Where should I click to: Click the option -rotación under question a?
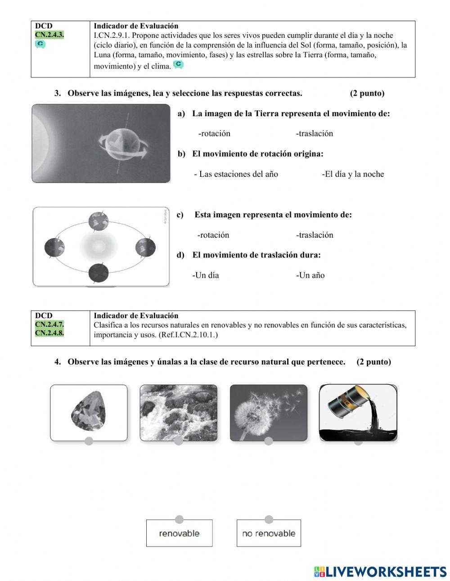pos(214,133)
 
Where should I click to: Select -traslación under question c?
pos(315,235)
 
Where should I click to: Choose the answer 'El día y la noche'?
pos(353,174)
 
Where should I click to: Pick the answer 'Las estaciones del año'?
pos(236,174)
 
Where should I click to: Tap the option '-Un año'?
pos(310,275)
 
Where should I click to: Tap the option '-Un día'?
pos(206,275)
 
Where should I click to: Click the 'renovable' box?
pos(179,533)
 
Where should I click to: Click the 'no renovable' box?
pos(269,533)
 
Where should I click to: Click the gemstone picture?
pos(89,412)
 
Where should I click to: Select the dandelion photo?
pos(269,412)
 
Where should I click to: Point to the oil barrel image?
pos(358,412)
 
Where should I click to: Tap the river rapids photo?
pos(179,412)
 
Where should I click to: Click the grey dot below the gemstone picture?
pos(89,441)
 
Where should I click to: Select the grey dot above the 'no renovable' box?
pos(269,519)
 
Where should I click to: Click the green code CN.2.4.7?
pos(49,324)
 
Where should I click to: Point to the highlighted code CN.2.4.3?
pos(49,35)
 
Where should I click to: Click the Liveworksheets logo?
pos(380,572)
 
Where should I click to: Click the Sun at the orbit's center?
pos(99,246)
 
